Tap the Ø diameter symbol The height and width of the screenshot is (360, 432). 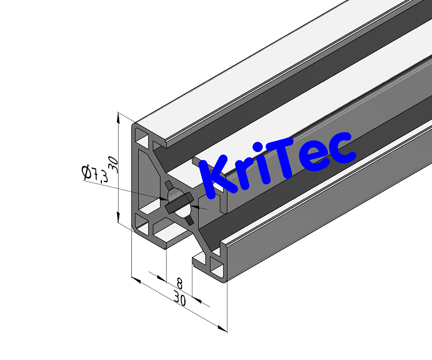click(86, 172)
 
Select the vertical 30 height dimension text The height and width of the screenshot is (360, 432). click(114, 164)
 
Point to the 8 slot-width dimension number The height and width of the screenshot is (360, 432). click(179, 283)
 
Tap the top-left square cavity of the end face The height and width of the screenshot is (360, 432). click(142, 138)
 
